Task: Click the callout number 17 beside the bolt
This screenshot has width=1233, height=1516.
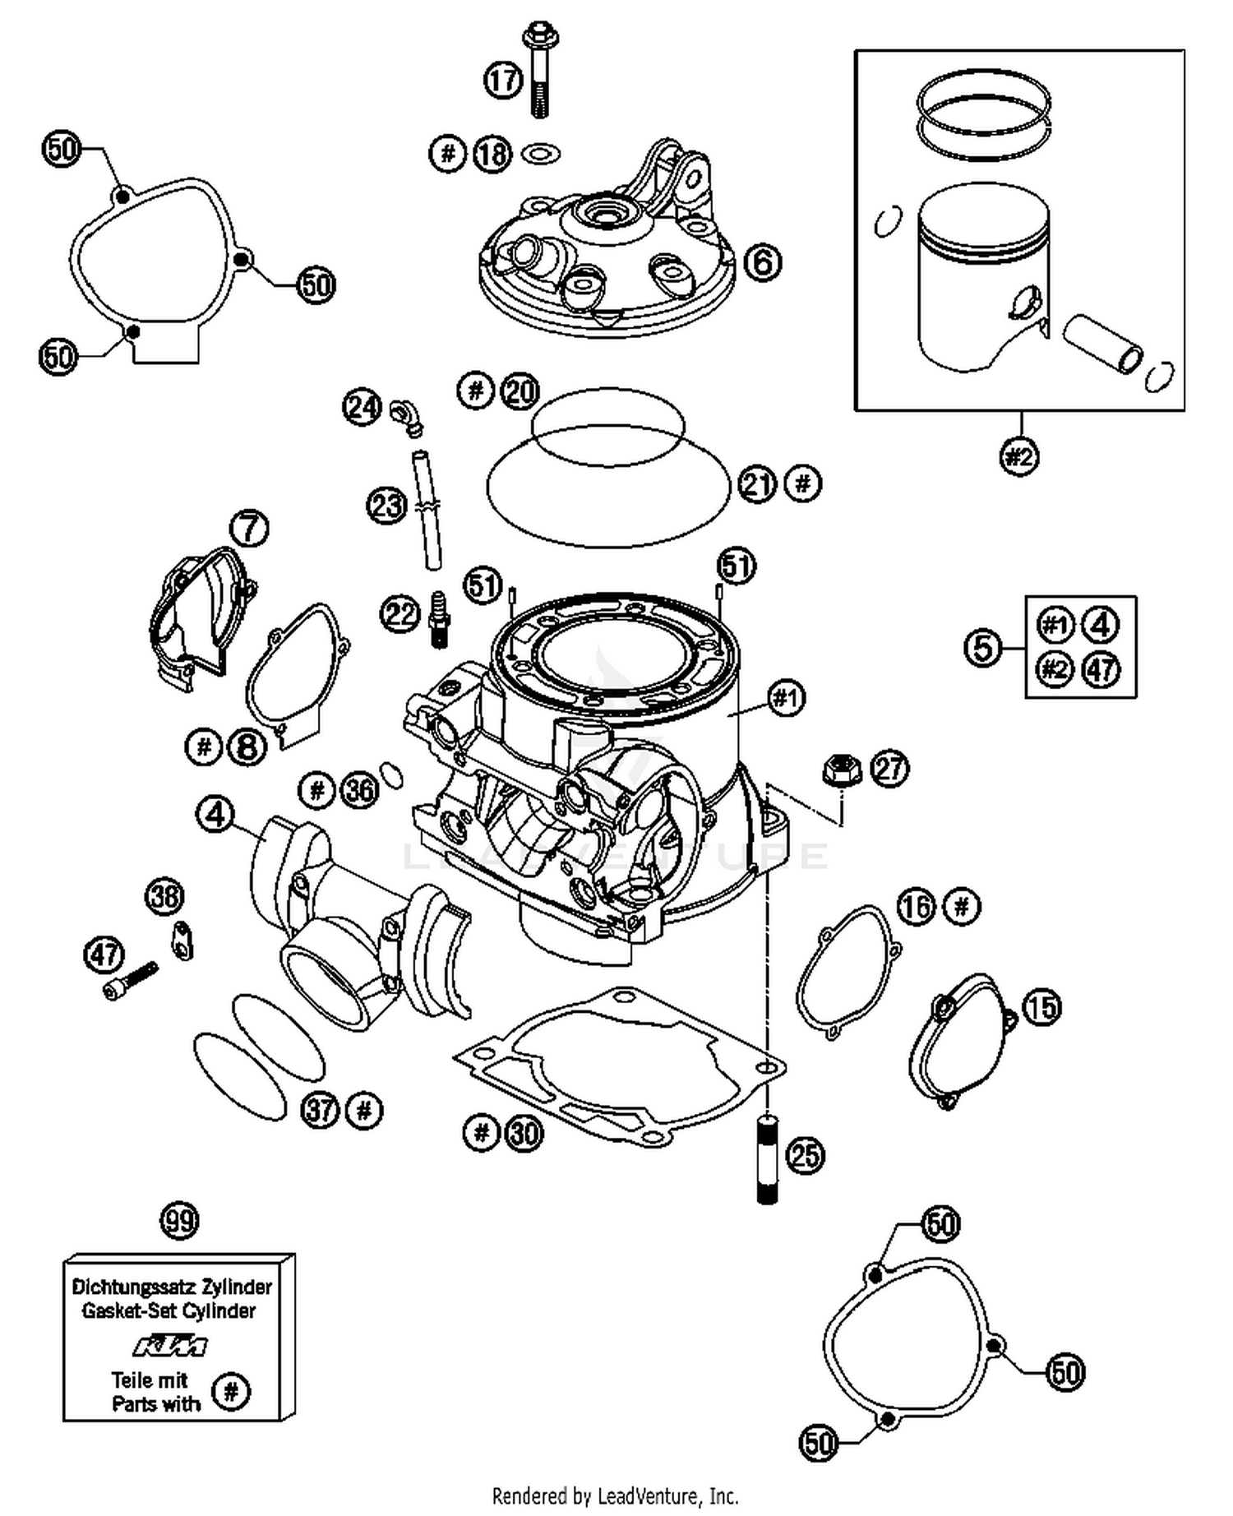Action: click(x=502, y=81)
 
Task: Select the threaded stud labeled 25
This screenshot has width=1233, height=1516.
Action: click(x=766, y=1158)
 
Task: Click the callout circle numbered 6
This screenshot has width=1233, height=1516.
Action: click(x=762, y=263)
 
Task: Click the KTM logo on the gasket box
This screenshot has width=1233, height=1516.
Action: click(x=169, y=1347)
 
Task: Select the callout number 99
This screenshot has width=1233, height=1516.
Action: click(x=179, y=1220)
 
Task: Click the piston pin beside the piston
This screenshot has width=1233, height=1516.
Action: click(x=1102, y=344)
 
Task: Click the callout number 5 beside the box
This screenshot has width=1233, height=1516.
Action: click(x=983, y=647)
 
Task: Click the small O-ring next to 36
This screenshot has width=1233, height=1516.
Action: click(x=392, y=773)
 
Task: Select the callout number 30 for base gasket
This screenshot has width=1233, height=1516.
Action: click(x=524, y=1134)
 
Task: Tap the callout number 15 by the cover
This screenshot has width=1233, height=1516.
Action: click(x=1041, y=1007)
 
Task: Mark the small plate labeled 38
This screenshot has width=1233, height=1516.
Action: click(x=182, y=940)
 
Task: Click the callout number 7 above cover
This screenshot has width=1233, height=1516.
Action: click(x=249, y=527)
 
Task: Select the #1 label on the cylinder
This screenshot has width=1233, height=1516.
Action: click(x=786, y=699)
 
